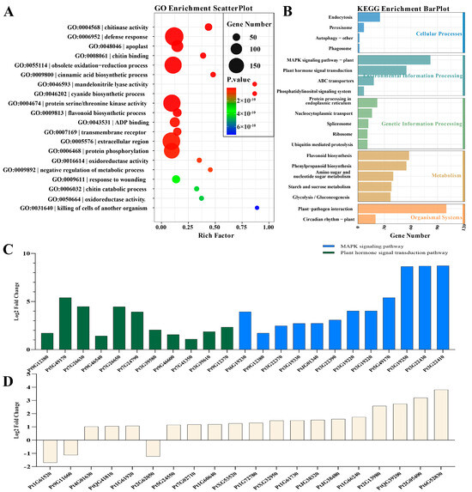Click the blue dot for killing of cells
257,207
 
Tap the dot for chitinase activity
209,27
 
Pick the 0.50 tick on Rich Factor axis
214,224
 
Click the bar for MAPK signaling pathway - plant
395,59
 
